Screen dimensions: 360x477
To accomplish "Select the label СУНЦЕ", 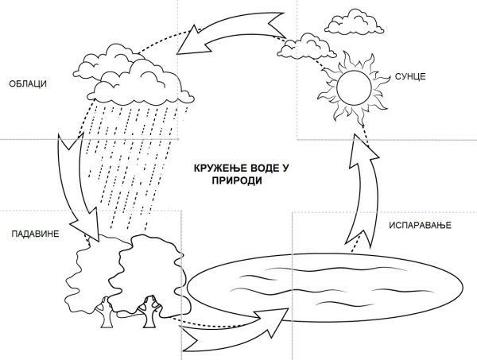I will (410, 75).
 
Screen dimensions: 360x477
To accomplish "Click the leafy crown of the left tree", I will (87, 270).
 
